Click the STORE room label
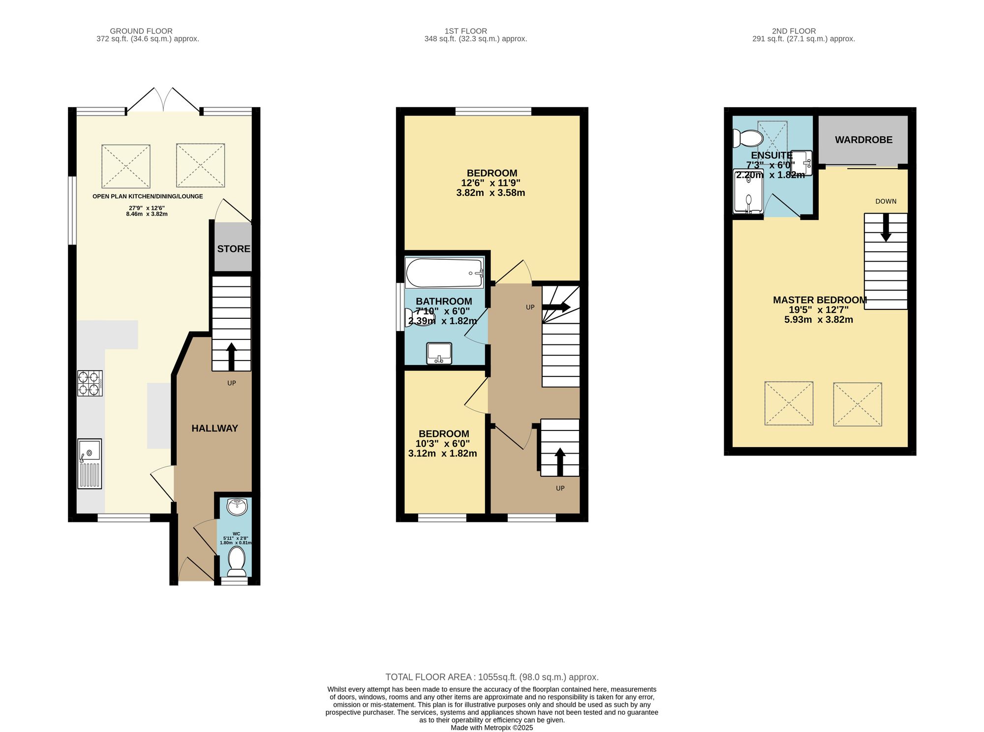(x=234, y=249)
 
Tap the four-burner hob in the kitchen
(x=90, y=383)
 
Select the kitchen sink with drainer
(x=90, y=464)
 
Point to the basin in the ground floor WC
(x=237, y=507)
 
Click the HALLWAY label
(x=215, y=428)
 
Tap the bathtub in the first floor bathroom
(x=444, y=274)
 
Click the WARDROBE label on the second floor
(x=863, y=140)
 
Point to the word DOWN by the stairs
(x=886, y=201)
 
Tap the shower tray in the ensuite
(x=748, y=192)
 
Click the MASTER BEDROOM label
(x=820, y=300)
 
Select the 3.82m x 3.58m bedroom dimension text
(x=491, y=193)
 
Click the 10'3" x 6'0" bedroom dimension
(x=443, y=444)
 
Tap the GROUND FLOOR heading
(x=141, y=31)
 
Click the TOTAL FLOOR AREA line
(x=492, y=677)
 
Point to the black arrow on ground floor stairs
(x=231, y=355)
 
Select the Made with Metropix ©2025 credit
(x=492, y=728)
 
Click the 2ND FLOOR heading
(x=794, y=31)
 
